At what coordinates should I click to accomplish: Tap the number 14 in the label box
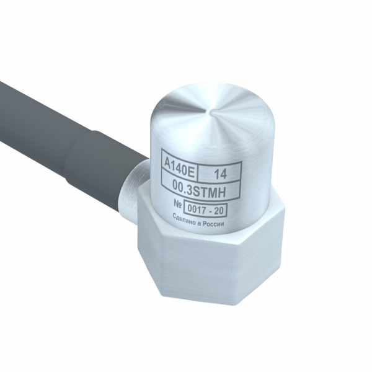(x=221, y=174)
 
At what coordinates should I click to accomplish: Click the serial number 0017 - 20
(x=205, y=210)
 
